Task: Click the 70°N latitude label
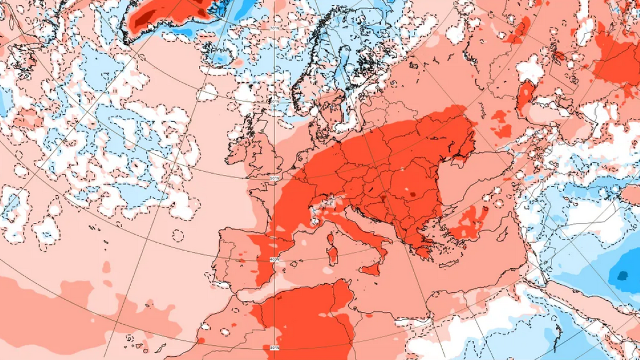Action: coord(274,28)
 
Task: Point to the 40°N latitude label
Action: coord(273,260)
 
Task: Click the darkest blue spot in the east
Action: coord(622,276)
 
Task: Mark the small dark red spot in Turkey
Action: coord(485,209)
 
